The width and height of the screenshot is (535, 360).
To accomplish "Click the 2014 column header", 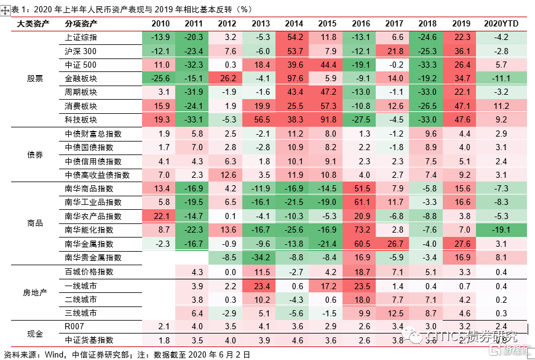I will pyautogui.click(x=294, y=23).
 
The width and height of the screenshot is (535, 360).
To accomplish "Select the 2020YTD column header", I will pyautogui.click(x=501, y=23).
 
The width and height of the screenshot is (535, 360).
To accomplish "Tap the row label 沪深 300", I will pyautogui.click(x=81, y=51).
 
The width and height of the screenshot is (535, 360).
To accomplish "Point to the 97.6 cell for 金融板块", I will pyautogui.click(x=294, y=78).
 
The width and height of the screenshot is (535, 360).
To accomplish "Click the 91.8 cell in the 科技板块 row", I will pyautogui.click(x=327, y=119).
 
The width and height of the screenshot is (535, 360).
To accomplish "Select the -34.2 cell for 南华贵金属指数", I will pyautogui.click(x=261, y=257).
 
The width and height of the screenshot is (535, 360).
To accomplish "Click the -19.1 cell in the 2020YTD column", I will pyautogui.click(x=501, y=230).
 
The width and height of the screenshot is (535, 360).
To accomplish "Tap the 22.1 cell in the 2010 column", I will pyautogui.click(x=160, y=216).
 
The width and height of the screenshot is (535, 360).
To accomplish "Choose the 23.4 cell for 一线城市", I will pyautogui.click(x=261, y=286).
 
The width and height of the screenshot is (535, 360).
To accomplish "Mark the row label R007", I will pyautogui.click(x=73, y=326).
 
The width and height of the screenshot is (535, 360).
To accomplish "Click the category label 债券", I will pyautogui.click(x=35, y=154).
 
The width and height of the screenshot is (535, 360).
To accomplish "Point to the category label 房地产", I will pyautogui.click(x=35, y=292).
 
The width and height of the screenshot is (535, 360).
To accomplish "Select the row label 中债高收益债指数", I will pyautogui.click(x=93, y=175).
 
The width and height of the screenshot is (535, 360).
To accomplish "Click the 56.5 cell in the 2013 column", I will pyautogui.click(x=261, y=119).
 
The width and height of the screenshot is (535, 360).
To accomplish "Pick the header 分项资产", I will pyautogui.click(x=81, y=23).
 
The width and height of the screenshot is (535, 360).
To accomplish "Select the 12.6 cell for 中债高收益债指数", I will pyautogui.click(x=227, y=175).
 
